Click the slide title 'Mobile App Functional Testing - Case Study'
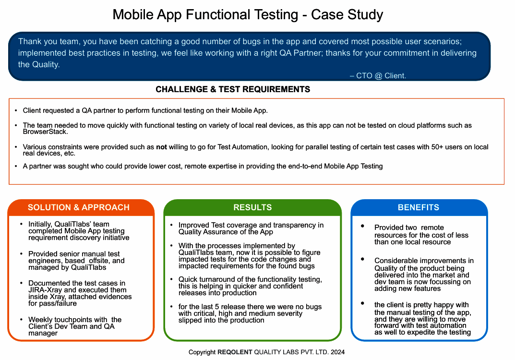point(248,14)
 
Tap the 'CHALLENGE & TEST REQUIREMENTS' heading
point(233,89)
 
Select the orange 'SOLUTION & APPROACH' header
point(79,207)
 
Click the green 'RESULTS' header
point(252,207)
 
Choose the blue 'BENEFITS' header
point(418,207)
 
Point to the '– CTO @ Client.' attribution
point(378,76)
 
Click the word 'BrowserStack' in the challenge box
point(45,132)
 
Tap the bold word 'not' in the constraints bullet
point(161,147)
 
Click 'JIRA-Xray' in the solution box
point(46,290)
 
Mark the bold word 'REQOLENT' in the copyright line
point(235,352)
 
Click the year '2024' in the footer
point(337,352)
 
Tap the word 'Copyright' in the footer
point(202,352)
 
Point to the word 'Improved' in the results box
point(193,225)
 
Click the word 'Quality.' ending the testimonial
point(39,65)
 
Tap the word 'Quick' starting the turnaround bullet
point(188,279)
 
